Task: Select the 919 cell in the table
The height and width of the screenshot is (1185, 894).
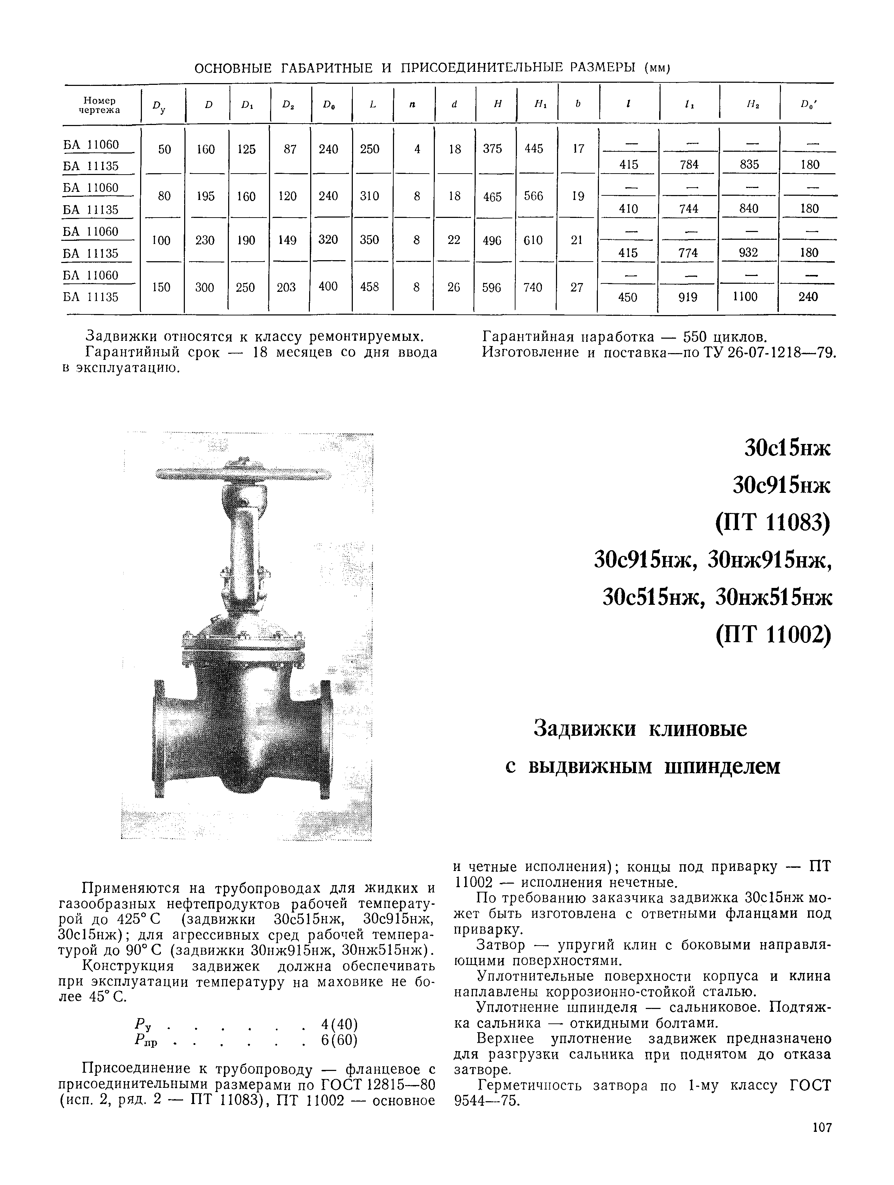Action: pos(688,297)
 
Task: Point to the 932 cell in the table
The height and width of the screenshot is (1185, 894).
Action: pos(748,252)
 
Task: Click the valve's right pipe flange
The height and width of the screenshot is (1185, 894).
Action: pos(325,740)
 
